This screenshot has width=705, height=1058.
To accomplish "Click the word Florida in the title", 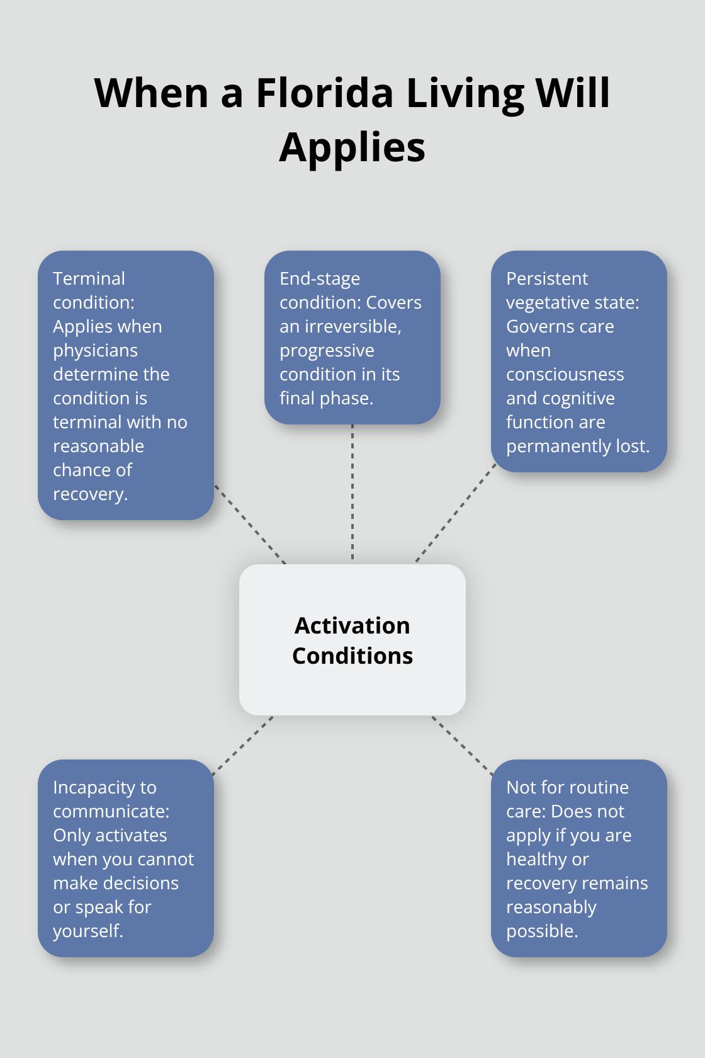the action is point(324,93).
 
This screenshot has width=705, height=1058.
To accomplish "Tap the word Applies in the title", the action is point(352,148).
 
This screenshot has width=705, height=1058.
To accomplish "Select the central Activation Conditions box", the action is point(352,640).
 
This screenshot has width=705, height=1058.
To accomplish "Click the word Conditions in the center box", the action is point(352,656).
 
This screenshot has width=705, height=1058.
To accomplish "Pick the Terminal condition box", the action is point(126,385).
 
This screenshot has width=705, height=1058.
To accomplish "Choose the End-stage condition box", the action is point(352,338).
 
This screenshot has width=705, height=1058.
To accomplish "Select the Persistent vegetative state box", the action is point(579,361).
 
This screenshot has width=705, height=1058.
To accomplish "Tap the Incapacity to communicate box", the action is point(126,858).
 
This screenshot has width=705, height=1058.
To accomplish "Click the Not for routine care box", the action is point(579,858).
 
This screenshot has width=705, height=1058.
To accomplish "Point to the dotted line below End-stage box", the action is point(352,492).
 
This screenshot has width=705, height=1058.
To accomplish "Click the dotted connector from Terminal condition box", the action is point(251,524).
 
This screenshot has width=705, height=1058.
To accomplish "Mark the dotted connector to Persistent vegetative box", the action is point(456,513).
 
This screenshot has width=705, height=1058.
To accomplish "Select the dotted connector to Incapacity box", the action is point(243,746).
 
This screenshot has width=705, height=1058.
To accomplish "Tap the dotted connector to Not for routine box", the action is point(462,746).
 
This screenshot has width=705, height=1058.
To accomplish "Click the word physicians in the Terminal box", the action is point(96,351).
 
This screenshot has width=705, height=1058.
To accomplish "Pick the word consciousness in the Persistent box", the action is point(565,375).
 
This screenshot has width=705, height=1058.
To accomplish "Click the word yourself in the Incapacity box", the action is point(88,931).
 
